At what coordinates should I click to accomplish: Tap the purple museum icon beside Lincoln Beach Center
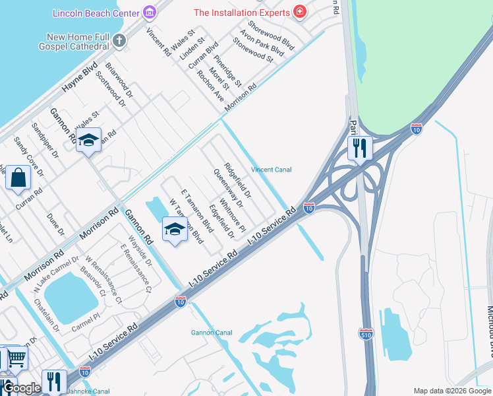point(150,13)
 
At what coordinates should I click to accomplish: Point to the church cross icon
point(119,41)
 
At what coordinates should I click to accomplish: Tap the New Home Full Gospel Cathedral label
point(66,42)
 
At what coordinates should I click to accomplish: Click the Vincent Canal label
point(271,170)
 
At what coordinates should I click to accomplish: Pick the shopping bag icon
point(18,178)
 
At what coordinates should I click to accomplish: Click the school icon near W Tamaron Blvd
point(175,228)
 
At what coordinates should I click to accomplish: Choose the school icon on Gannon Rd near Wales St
point(88,140)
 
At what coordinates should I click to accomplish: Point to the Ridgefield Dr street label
point(237,180)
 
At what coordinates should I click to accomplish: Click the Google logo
point(22,389)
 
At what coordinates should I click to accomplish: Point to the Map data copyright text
point(452,391)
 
